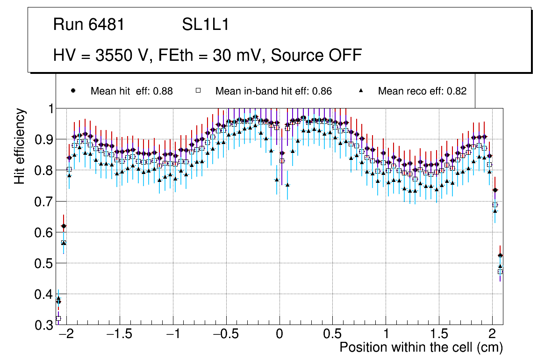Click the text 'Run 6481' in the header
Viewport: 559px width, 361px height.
coord(89,25)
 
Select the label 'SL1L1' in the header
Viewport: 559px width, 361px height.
coord(205,25)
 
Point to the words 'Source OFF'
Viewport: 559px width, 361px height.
coord(316,55)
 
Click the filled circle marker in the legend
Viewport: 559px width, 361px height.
coord(73,91)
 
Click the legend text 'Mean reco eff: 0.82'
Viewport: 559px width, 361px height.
coord(422,91)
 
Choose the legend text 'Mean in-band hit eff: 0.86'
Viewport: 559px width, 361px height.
coord(273,91)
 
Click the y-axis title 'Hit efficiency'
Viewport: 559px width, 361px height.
coord(20,146)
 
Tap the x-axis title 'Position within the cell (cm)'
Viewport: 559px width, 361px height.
coord(421,347)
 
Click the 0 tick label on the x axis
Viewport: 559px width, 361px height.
coord(279,334)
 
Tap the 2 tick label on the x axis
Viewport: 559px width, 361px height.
coord(492,334)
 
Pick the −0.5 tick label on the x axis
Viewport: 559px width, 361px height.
coord(226,334)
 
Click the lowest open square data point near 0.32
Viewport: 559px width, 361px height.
coord(58,318)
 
